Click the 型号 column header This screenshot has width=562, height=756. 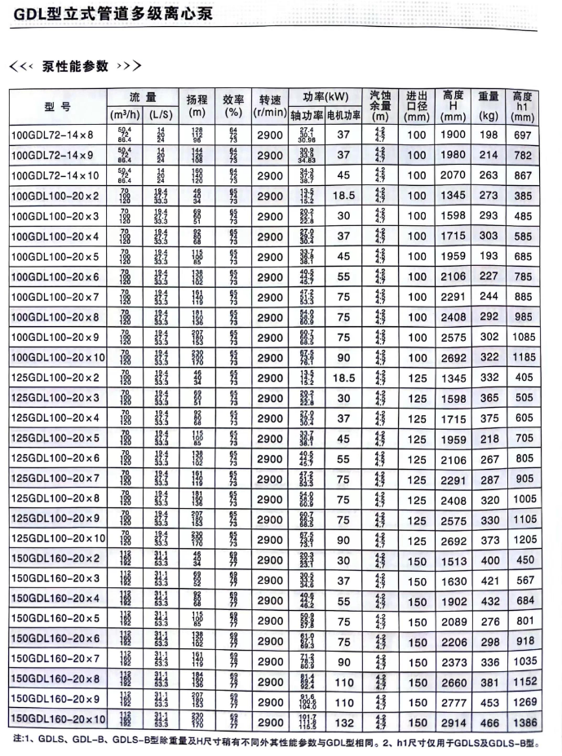pyautogui.click(x=56, y=106)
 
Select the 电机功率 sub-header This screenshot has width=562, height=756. pyautogui.click(x=343, y=115)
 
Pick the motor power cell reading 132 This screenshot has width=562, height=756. pyautogui.click(x=343, y=721)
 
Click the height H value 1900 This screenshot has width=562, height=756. pyautogui.click(x=451, y=134)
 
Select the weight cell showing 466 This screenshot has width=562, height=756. pyautogui.click(x=489, y=721)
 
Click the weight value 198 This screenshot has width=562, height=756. pyautogui.click(x=489, y=134)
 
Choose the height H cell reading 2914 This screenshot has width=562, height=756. pyautogui.click(x=451, y=721)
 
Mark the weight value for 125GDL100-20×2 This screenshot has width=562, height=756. pyautogui.click(x=489, y=377)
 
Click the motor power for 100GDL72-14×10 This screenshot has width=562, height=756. pyautogui.click(x=343, y=175)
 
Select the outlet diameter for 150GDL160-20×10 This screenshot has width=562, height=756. pyautogui.click(x=417, y=721)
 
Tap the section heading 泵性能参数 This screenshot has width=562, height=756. pyautogui.click(x=75, y=65)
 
